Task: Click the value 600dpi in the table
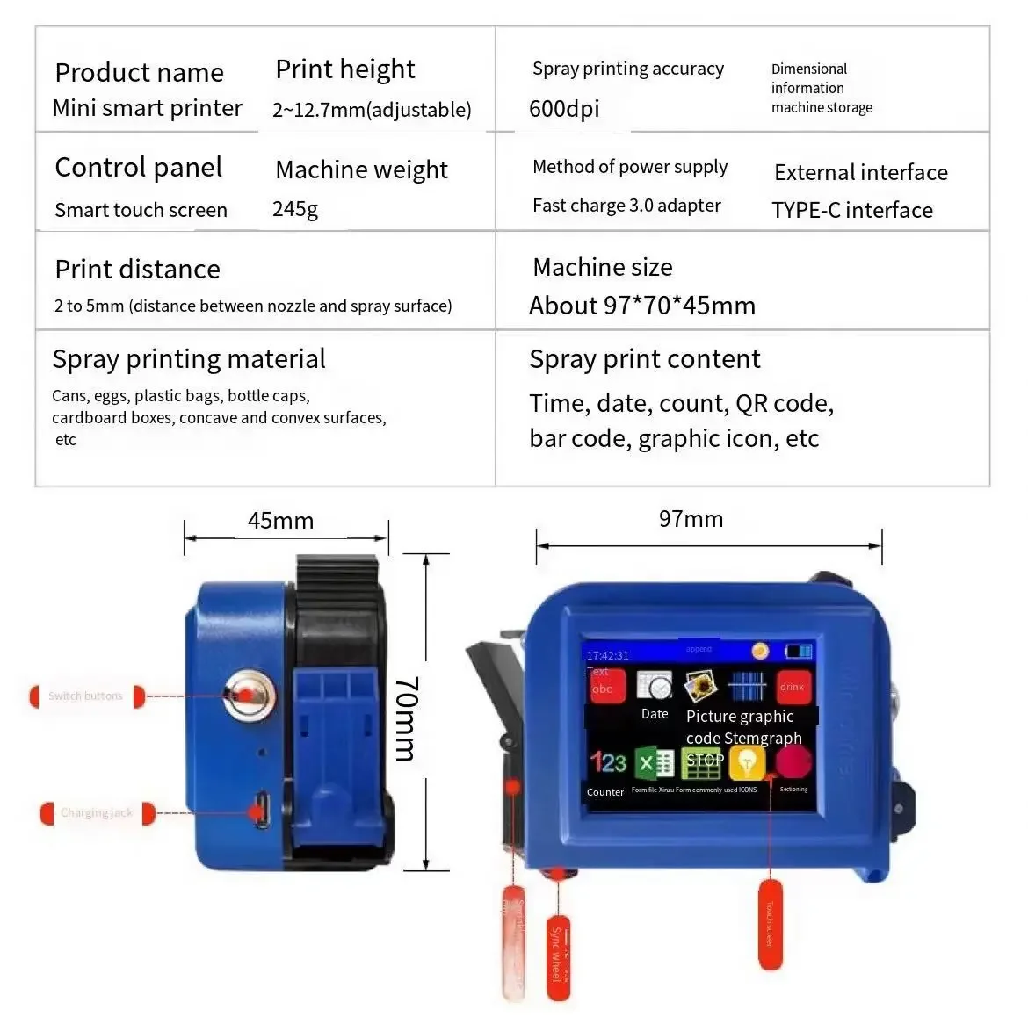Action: coord(564,109)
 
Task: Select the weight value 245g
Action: coord(295,210)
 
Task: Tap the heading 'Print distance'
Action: coord(137,270)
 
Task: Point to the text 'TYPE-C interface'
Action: coord(851,211)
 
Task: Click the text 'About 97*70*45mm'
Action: coord(641,306)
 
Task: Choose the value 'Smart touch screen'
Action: coord(141,211)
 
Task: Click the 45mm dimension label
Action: coord(280,521)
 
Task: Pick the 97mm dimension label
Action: coord(691,519)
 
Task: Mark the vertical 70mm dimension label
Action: coord(406,718)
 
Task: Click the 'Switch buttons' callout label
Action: coord(86,696)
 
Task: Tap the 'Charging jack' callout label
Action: coord(97,813)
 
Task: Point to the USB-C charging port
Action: coord(262,810)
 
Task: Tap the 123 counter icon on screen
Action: coord(607,761)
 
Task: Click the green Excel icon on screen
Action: coord(655,763)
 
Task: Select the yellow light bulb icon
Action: coord(747,762)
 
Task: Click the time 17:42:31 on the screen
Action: coord(607,655)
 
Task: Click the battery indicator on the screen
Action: coord(799,652)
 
